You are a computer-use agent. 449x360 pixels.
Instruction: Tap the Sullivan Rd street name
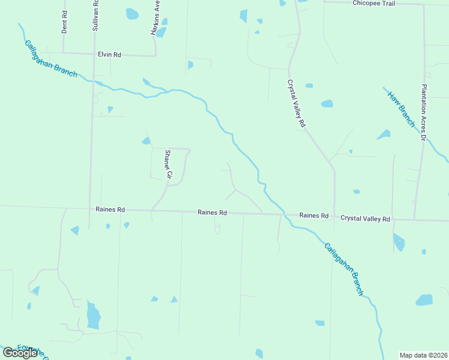pos(95,16)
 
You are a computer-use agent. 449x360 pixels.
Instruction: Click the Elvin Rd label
pos(110,55)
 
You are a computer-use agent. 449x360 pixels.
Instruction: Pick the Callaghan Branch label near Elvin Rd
pos(50,58)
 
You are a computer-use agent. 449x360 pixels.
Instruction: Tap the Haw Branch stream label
pos(400,109)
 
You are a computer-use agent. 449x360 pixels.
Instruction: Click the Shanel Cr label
pos(169,164)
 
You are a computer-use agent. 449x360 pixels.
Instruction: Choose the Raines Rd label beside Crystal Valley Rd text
pos(314,215)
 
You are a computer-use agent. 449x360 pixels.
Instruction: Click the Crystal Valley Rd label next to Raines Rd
pos(365,219)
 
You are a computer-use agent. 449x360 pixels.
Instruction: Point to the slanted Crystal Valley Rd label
pos(296,103)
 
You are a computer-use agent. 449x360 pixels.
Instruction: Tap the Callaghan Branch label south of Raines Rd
pos(344,269)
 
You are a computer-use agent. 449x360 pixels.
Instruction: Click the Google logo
pos(20,353)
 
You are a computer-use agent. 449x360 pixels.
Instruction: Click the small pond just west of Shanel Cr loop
pos(146,141)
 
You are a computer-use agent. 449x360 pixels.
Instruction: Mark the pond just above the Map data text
pos(424,300)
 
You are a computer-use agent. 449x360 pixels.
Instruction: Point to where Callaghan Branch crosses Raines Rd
pos(285,214)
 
